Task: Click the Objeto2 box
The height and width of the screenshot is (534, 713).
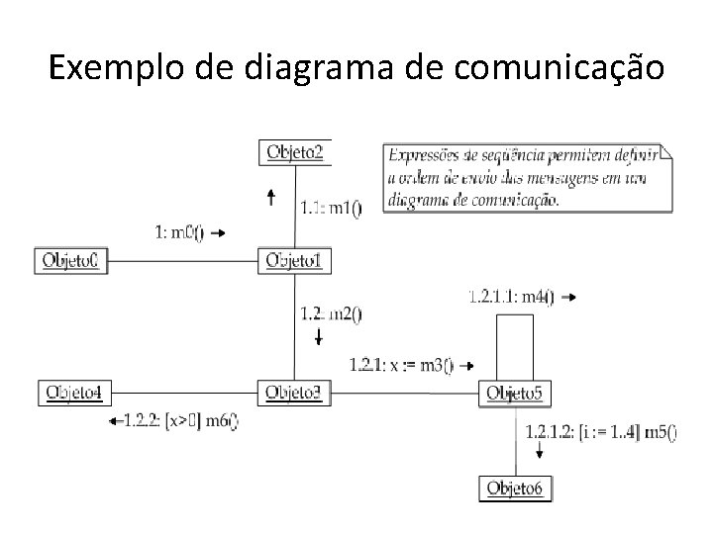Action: [x=295, y=152]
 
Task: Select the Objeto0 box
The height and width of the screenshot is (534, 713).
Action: [x=69, y=261]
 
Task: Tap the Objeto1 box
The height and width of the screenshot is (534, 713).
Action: [x=295, y=261]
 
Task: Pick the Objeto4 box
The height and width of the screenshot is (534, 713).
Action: [x=71, y=393]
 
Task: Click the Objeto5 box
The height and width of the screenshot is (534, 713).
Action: [x=515, y=394]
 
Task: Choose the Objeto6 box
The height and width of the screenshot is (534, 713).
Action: [x=515, y=489]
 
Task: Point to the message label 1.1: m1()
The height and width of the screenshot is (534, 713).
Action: [x=331, y=208]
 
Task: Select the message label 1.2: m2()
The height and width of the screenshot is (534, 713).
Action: [x=331, y=314]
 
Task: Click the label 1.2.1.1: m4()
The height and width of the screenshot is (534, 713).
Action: [x=511, y=296]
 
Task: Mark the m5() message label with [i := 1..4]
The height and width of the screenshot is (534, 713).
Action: [x=601, y=430]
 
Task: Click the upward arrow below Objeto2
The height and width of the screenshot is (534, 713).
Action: [x=271, y=198]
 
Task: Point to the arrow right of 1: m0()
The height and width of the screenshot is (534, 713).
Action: [x=219, y=233]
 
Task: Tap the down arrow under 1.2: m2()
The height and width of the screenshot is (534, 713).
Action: [x=319, y=338]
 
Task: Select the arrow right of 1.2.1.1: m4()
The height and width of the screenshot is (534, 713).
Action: [x=567, y=297]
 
